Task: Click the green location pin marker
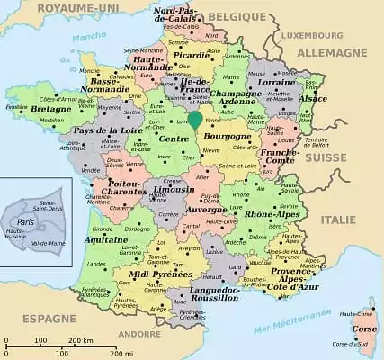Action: (195, 120)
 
